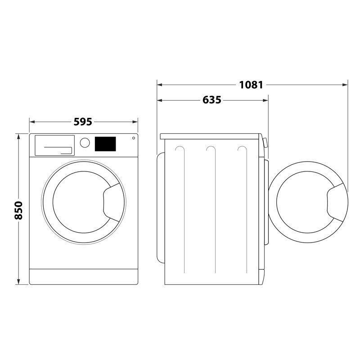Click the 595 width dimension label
tap(83, 121)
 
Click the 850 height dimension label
tap(18, 210)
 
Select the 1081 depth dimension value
tap(251, 85)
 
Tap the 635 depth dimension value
tap(212, 100)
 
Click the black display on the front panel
tap(105, 144)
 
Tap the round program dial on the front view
tap(84, 143)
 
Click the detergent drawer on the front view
tap(54, 145)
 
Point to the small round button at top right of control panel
tap(133, 138)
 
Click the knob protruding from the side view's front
tap(265, 143)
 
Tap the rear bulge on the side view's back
tap(159, 207)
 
